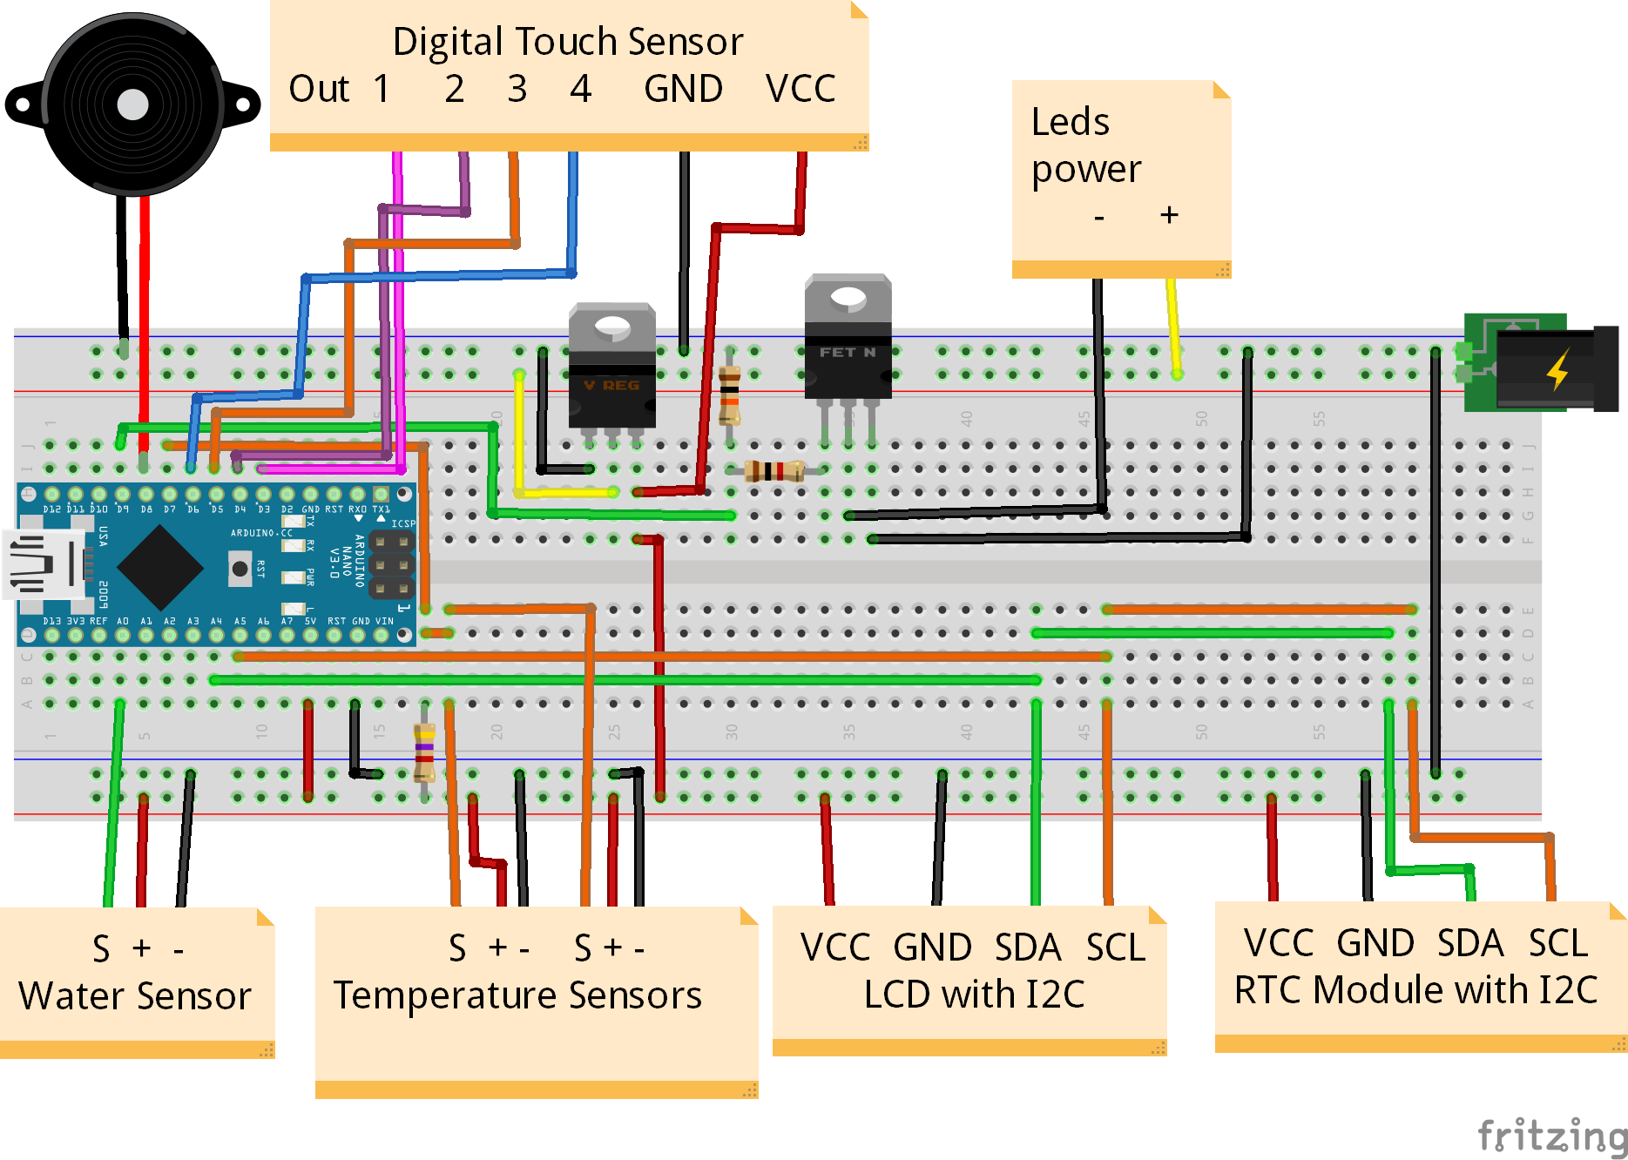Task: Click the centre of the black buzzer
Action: pos(132,105)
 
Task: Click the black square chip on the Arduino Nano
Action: pos(160,567)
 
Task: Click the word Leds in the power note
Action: pos(1070,122)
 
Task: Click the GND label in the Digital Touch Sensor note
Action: pos(683,89)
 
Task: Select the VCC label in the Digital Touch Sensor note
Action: pos(800,89)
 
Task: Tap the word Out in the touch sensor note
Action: pos(318,89)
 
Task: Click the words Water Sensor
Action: pos(135,995)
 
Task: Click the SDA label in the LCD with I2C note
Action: pos(1028,948)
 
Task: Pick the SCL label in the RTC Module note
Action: pos(1558,943)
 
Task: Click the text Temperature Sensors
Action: pos(517,995)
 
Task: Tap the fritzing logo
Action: pos(1550,1135)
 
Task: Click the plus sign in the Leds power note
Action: pos(1169,214)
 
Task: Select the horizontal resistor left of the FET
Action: pos(773,471)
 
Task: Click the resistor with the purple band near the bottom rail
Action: pos(424,752)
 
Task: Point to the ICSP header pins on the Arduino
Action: pos(391,564)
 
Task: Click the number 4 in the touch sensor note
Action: pos(580,89)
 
